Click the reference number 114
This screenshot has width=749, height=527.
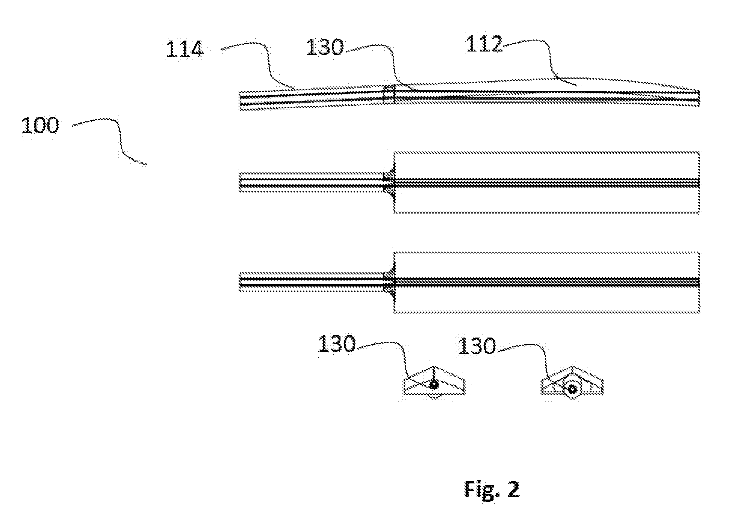(185, 49)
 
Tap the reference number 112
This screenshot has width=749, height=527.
(484, 44)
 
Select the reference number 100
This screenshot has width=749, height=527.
(40, 125)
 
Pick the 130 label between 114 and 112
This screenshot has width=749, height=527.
(325, 47)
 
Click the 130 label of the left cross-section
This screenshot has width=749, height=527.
(337, 344)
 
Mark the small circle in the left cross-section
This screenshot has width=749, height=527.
(434, 385)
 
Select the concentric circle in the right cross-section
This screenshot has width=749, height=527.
(572, 389)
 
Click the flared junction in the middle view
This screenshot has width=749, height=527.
(389, 182)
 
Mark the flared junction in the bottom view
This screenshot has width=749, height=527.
(389, 282)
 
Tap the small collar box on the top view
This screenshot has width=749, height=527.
(389, 94)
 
